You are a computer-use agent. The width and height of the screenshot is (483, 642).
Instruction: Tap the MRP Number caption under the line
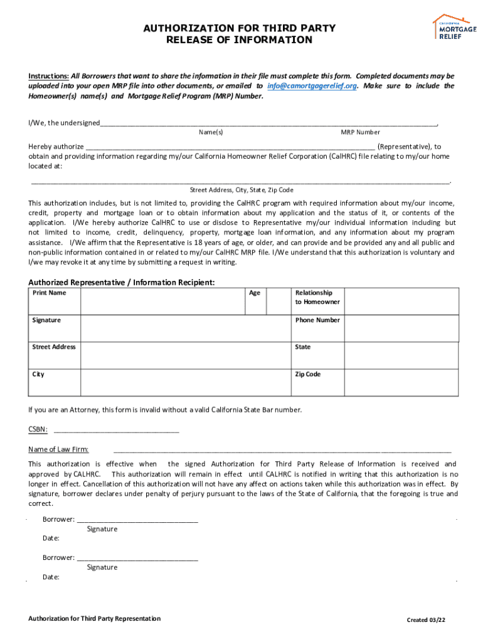360,132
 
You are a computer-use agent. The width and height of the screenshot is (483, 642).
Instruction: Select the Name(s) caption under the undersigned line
211,132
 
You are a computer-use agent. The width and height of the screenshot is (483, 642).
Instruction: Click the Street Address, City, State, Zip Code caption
242,189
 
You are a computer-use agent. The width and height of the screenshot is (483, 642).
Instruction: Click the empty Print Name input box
162,300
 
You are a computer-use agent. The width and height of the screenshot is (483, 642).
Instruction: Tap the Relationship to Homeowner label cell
317,297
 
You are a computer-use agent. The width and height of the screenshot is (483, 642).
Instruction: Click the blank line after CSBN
117,431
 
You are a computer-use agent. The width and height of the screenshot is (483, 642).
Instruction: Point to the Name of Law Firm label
58,449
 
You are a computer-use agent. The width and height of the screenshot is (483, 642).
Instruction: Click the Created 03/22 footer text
426,620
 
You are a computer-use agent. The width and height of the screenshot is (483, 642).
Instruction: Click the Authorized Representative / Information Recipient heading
122,282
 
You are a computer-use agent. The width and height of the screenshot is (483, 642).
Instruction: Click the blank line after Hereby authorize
230,147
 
